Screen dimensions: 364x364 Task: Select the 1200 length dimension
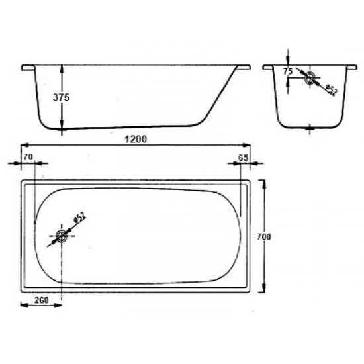tap(134, 139)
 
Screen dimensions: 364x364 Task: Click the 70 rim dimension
tap(28, 156)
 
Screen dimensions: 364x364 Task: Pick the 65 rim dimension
tap(243, 156)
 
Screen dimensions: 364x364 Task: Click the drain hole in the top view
tap(62, 235)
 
